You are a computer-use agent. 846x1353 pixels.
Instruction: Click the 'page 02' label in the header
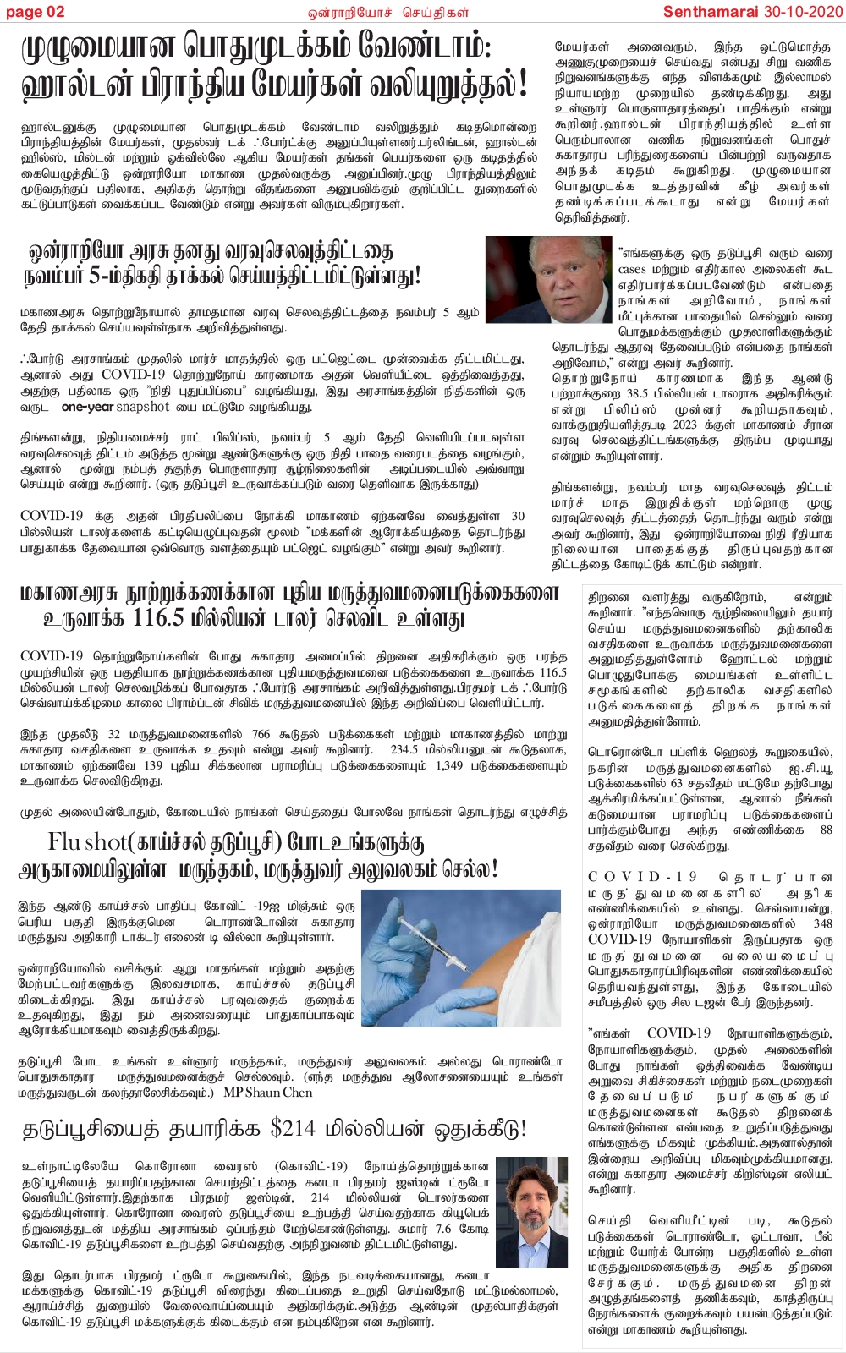point(35,11)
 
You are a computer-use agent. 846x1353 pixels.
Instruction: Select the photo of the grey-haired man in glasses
point(548,279)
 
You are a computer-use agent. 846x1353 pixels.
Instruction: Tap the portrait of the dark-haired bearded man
point(531,1212)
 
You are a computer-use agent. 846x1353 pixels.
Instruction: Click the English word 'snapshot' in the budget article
point(143,407)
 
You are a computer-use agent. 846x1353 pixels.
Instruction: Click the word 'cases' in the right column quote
point(632,270)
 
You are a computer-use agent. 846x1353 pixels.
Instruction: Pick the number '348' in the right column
point(822,923)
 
